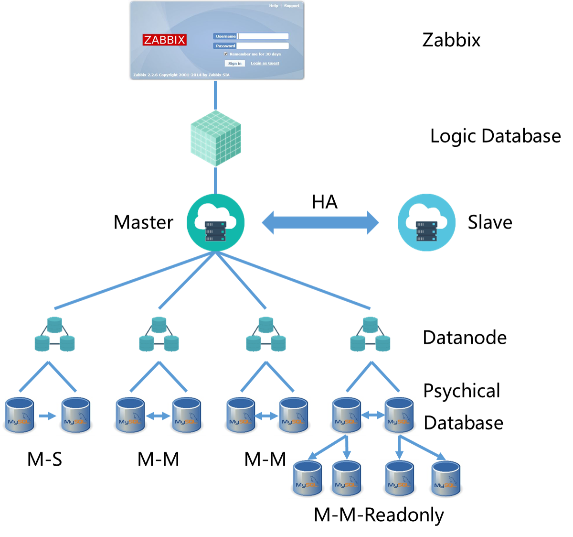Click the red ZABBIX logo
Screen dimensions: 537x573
coord(164,40)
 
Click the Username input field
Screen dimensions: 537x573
coord(263,36)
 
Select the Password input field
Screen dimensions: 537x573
coord(263,46)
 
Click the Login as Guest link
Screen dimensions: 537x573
coord(265,63)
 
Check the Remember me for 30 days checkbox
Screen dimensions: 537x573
coord(226,54)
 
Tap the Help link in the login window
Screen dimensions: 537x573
coord(273,6)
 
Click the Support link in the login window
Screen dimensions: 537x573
coord(291,6)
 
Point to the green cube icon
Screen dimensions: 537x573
coord(216,139)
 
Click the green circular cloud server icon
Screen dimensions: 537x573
coord(216,222)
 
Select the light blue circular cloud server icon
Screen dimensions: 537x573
coord(426,222)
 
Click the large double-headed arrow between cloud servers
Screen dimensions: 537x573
coord(320,222)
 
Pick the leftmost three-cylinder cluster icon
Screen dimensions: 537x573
coord(55,334)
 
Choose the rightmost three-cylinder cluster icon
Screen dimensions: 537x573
coord(370,334)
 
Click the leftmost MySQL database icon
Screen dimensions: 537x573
coord(20,416)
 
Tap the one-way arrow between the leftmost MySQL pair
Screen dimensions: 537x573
coord(47,416)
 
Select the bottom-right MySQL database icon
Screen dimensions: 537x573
coord(446,479)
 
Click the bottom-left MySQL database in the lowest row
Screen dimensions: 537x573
coord(308,479)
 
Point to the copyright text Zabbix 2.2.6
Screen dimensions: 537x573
coord(181,75)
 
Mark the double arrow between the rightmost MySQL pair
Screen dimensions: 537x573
coord(373,416)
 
